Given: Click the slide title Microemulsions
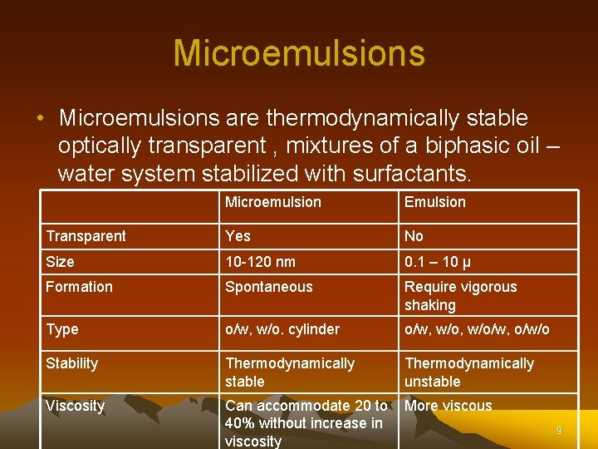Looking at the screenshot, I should (299, 53).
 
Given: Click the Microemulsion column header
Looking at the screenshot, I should (272, 202).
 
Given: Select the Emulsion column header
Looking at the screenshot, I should (434, 202).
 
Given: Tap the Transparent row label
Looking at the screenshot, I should (86, 236).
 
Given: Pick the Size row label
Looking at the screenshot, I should (60, 262).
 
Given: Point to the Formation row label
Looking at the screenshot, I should (79, 287).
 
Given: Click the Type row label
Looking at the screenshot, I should (61, 329).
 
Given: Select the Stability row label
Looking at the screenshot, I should (71, 363).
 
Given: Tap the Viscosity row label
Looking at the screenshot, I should (75, 406).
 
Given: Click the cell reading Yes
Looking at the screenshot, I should (238, 236).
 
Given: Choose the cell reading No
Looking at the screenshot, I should (414, 236).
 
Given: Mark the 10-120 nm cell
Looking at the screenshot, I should (260, 262).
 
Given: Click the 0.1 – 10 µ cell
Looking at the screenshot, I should (438, 262).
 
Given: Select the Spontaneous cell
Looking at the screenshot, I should (269, 287).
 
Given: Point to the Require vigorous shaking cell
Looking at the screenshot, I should (460, 296).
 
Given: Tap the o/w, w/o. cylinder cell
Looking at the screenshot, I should (282, 329).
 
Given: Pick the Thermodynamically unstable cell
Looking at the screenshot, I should (468, 373).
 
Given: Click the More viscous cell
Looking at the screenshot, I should (448, 406).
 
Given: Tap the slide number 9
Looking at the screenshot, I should (559, 431).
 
